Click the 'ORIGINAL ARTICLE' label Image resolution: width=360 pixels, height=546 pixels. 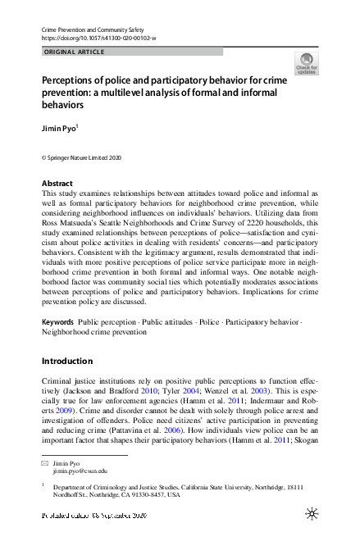(73, 52)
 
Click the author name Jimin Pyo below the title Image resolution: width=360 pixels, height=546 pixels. (60, 130)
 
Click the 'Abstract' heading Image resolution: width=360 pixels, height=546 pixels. (57, 183)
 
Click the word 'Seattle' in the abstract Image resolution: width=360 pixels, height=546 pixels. (133, 221)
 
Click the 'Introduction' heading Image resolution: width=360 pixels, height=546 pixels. (68, 361)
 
